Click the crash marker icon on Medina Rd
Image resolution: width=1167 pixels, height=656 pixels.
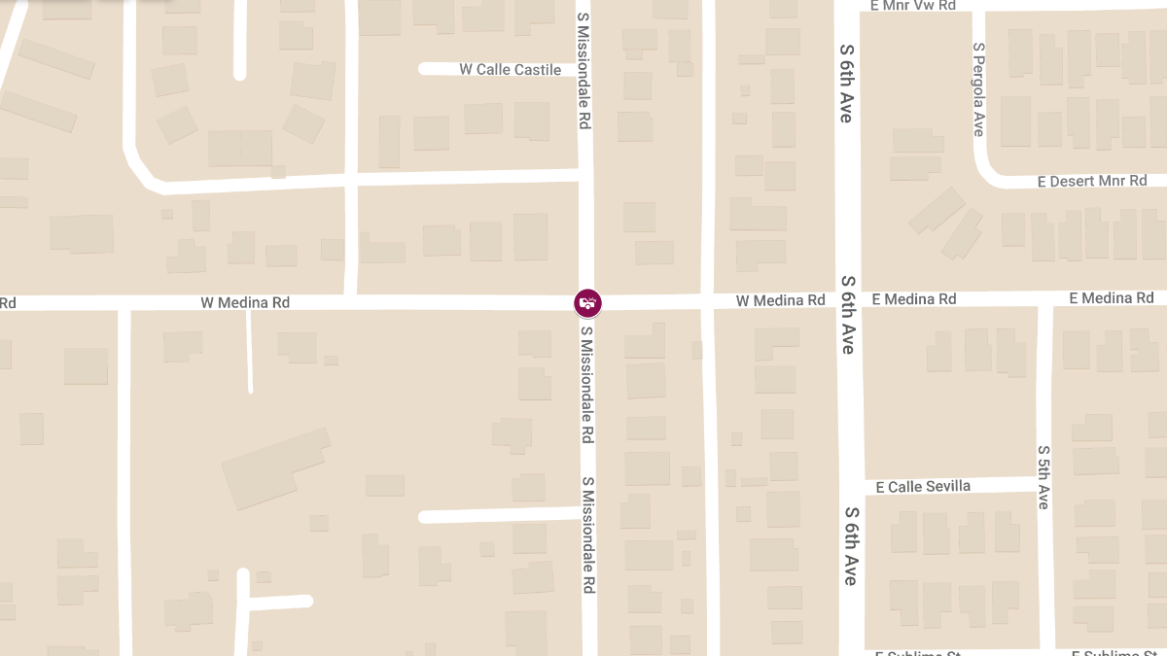[x=587, y=303]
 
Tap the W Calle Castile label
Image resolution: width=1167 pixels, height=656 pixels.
[x=511, y=70]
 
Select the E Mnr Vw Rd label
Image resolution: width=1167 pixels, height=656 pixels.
[x=913, y=6]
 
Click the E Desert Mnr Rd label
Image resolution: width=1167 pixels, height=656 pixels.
[x=1092, y=182]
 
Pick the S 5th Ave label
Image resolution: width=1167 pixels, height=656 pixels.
[x=1043, y=477]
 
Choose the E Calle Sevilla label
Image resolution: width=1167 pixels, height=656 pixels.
[x=923, y=486]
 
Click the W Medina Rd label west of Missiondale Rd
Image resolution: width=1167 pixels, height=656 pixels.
[x=245, y=303]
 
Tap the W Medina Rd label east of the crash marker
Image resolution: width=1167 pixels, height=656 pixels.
[x=780, y=301]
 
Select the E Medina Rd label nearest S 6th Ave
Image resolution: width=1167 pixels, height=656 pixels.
[x=914, y=299]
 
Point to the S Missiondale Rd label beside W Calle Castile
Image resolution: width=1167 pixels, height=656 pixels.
[x=584, y=72]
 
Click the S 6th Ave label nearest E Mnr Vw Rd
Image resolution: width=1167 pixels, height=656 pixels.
[x=846, y=83]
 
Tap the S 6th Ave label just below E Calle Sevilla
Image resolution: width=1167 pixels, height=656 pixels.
[x=851, y=545]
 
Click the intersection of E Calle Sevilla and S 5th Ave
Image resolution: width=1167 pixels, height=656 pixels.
[x=1044, y=484]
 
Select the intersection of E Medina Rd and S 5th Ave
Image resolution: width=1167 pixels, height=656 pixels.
[x=1044, y=299]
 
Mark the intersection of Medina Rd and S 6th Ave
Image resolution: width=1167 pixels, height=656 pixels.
[x=848, y=300]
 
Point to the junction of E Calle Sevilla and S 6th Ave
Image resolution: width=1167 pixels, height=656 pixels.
[x=850, y=486]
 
